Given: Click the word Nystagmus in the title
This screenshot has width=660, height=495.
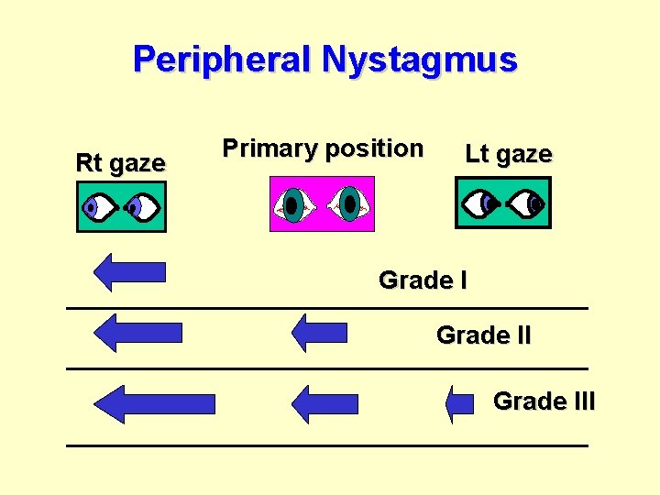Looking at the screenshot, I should [419, 60].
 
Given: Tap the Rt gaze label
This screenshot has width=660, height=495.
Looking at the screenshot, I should [120, 164].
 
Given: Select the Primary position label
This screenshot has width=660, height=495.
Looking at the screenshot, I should [323, 148].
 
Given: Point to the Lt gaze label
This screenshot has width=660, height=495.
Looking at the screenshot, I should [509, 154].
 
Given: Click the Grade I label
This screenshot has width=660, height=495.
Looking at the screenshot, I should [423, 280].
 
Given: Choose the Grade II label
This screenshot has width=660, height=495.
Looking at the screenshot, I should [483, 335].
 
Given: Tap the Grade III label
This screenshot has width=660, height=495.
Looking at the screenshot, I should [544, 401].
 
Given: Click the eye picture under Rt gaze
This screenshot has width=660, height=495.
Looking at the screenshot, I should [120, 206].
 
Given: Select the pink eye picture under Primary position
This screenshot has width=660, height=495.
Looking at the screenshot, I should [322, 203].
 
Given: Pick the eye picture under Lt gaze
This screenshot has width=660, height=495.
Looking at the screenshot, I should [503, 202].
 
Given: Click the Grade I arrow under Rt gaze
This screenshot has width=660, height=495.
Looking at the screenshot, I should [129, 272].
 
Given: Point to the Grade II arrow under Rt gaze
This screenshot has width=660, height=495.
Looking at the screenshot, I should [137, 332].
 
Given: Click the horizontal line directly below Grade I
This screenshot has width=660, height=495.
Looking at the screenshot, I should [326, 308].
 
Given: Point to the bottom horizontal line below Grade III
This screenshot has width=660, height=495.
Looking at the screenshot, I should [326, 445].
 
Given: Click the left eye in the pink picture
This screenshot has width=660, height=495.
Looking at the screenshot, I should [292, 204].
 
